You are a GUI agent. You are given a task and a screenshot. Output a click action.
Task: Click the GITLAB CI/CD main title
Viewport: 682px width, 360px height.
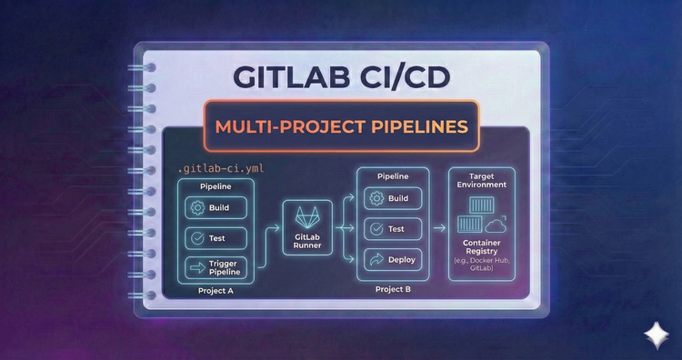click(x=341, y=77)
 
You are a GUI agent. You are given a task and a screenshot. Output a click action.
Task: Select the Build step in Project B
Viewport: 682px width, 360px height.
click(x=393, y=199)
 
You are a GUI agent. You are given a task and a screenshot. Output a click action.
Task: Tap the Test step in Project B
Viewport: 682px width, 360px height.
click(x=393, y=229)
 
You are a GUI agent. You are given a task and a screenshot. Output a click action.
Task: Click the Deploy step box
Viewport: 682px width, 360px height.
click(x=393, y=258)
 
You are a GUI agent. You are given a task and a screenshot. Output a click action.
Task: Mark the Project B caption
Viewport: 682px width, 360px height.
click(x=393, y=288)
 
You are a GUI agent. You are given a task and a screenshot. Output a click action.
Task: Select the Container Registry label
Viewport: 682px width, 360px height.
click(x=481, y=250)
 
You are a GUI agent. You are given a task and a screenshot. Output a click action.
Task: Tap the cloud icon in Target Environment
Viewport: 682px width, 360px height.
click(x=496, y=224)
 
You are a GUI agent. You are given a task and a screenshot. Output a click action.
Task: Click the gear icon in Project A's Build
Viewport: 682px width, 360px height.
click(x=196, y=208)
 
